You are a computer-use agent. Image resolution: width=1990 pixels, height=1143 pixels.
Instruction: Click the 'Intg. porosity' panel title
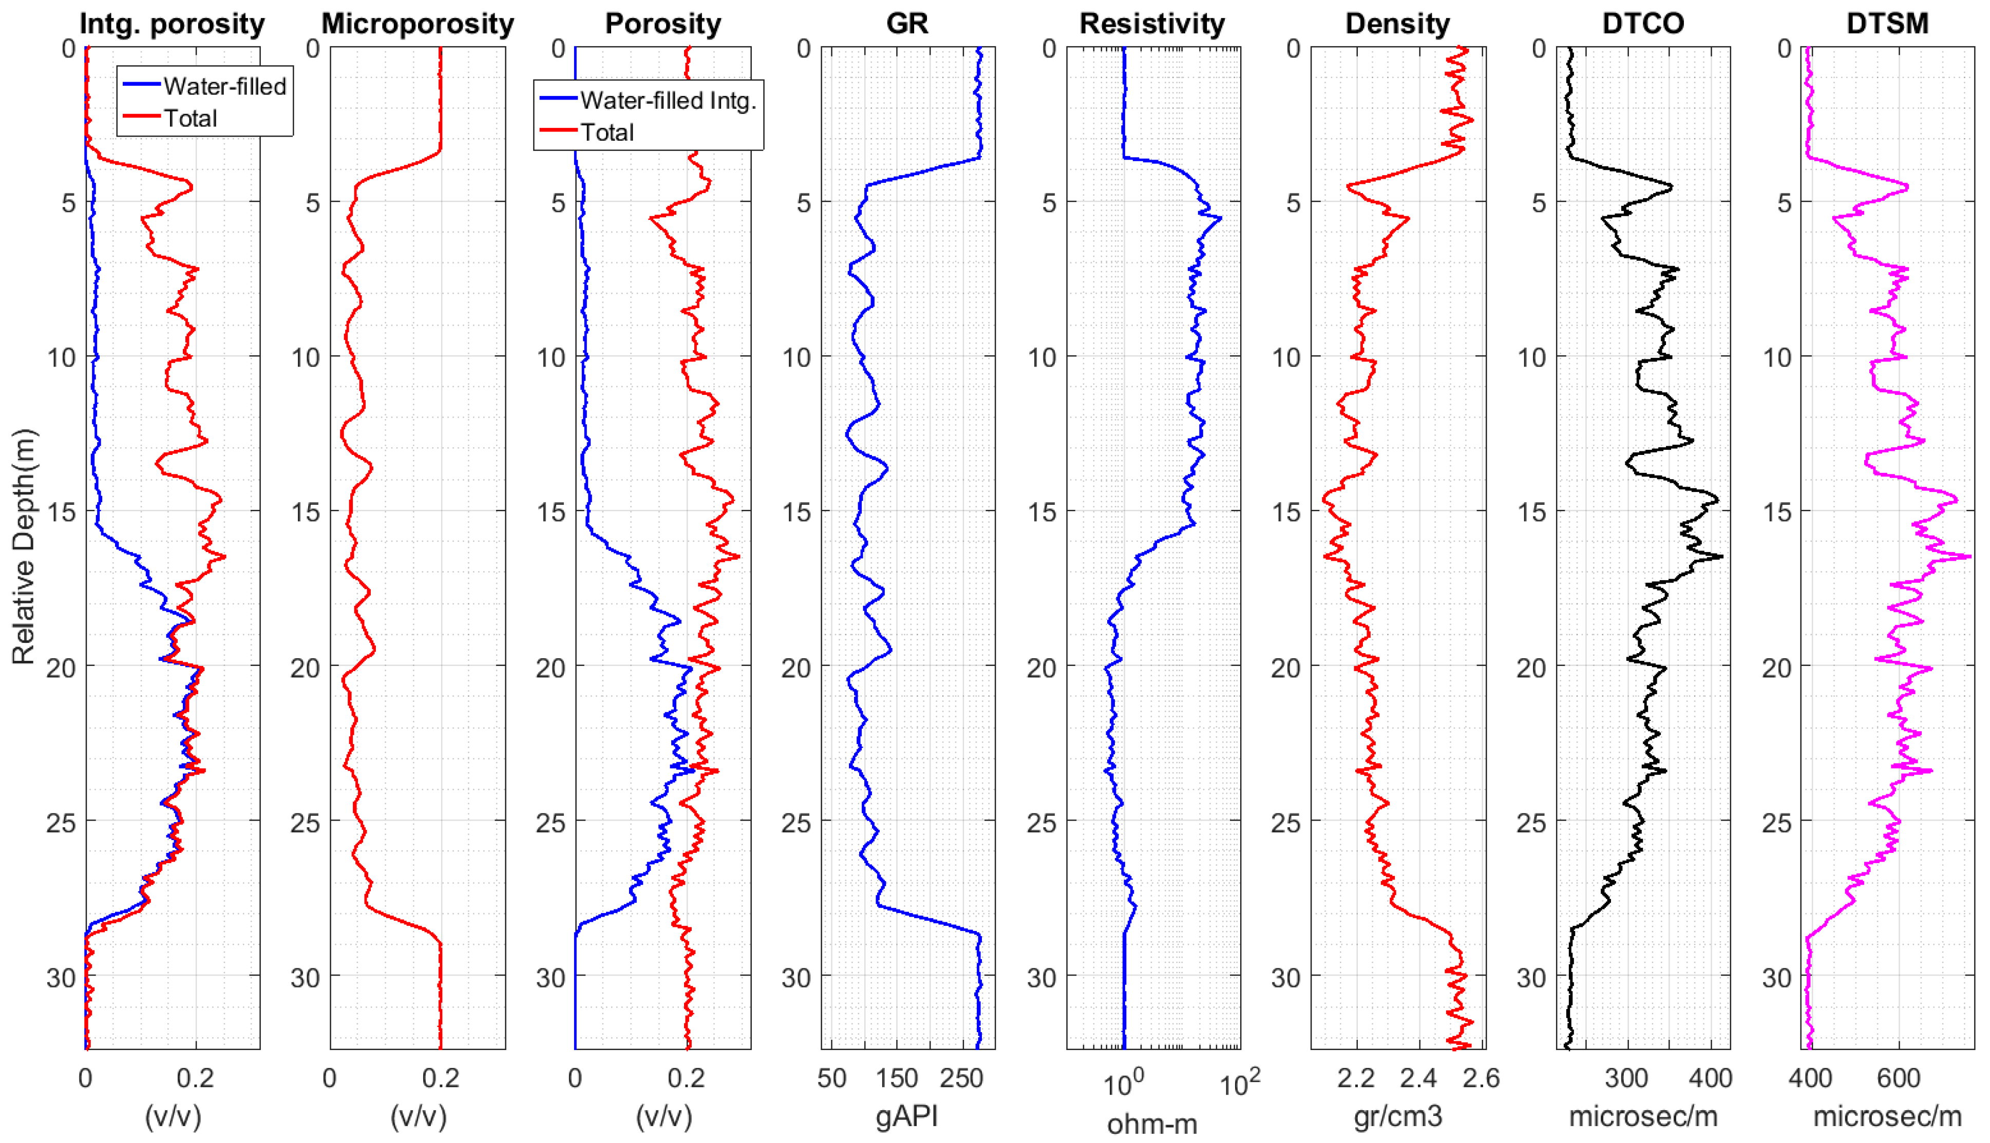(172, 24)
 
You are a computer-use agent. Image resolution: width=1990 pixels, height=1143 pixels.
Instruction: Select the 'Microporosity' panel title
(418, 24)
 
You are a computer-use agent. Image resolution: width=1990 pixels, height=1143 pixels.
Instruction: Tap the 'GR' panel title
(907, 24)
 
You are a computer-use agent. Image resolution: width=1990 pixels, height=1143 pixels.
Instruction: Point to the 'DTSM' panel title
(1887, 24)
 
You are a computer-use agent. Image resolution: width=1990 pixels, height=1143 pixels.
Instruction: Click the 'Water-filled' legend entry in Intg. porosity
(224, 86)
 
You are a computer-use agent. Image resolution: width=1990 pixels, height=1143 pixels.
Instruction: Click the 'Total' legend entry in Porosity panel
(607, 132)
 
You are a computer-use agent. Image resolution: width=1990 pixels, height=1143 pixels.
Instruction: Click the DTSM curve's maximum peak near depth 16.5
(1969, 557)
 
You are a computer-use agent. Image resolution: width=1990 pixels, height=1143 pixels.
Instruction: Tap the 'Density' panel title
(1397, 24)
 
